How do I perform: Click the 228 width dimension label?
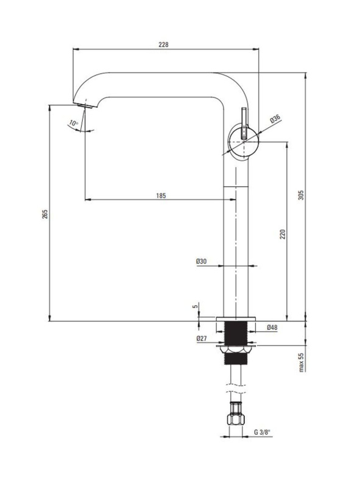coord(163,44)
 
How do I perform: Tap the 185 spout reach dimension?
coord(161,195)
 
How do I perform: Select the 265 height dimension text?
coord(45,214)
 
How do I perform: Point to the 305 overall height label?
coord(301,195)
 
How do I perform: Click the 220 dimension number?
coord(282,234)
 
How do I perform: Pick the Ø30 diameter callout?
coord(201,261)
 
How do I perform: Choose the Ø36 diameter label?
coord(275,119)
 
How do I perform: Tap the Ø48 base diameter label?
coord(272,328)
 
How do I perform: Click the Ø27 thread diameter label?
coord(202,338)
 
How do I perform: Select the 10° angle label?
coord(73,123)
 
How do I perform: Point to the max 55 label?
coord(301,362)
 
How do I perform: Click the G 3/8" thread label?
coord(262,432)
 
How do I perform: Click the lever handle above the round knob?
coord(244,123)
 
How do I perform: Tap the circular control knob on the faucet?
coord(243,142)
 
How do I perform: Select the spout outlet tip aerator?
coord(85,106)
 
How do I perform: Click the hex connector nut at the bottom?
coord(236,419)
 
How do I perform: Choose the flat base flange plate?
coord(236,319)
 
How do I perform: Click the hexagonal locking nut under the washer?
coord(236,350)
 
